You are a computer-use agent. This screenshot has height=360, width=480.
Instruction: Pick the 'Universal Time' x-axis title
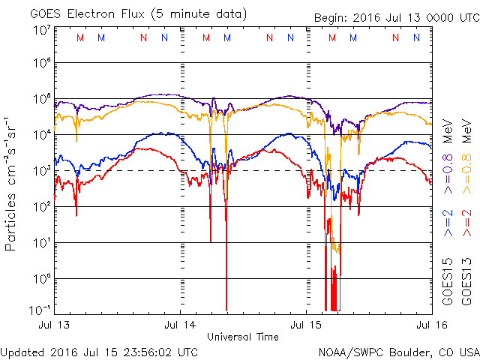pos(242,337)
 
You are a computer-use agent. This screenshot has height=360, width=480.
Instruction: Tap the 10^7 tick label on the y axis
pos(41,31)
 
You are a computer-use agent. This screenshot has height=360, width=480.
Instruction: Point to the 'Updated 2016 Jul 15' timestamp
pos(99,352)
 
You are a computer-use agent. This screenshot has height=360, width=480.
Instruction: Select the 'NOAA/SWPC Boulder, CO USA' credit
pos(398,352)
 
